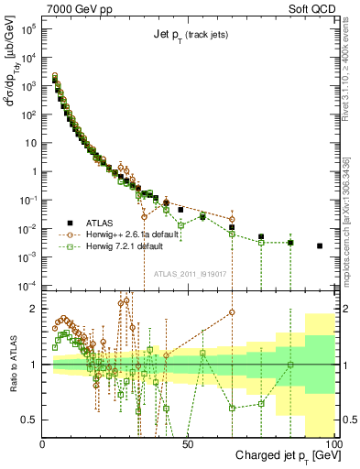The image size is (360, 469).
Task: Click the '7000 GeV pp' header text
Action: (79, 7)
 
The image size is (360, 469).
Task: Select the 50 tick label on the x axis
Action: (187, 443)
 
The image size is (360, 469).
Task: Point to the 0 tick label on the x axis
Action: (43, 443)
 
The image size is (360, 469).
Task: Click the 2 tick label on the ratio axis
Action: (33, 309)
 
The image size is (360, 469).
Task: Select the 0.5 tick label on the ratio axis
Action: (29, 420)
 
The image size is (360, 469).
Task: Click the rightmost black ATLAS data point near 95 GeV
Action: (319, 245)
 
